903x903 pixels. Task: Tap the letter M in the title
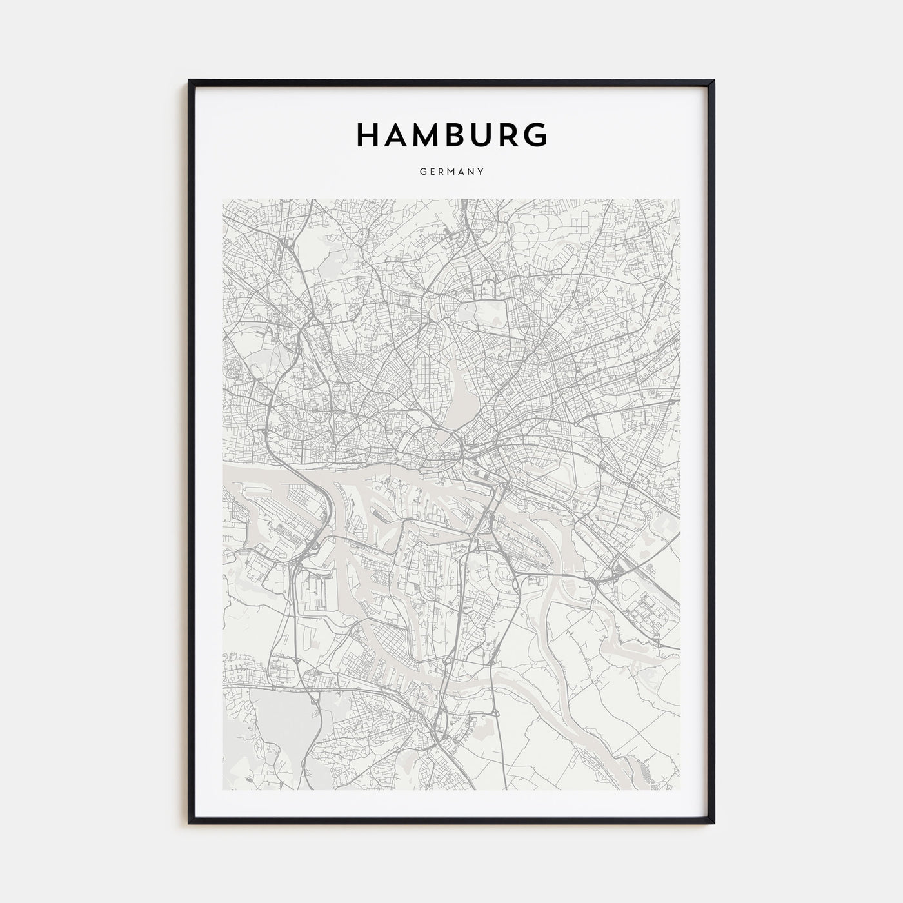coord(430,135)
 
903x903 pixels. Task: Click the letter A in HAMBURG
coord(398,135)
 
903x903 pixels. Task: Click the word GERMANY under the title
coord(451,172)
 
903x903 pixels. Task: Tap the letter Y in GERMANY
coord(481,172)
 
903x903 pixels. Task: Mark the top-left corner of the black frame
coord(190,81)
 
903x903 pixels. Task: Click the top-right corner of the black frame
coord(713,81)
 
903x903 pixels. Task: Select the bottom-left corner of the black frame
coord(190,823)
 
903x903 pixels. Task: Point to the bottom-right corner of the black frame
coord(713,823)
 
